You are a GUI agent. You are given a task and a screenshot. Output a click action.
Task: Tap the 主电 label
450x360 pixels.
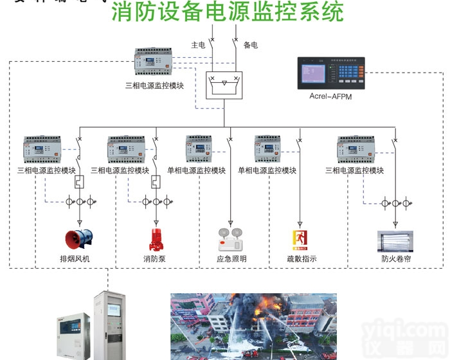(x=197, y=45)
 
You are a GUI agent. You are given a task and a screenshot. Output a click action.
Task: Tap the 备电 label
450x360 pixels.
(x=251, y=45)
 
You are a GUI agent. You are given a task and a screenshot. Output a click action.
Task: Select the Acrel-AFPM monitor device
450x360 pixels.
(x=330, y=74)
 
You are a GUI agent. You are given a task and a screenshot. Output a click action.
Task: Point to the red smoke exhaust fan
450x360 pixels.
(x=79, y=239)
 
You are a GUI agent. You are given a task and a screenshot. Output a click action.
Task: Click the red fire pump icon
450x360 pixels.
(x=155, y=239)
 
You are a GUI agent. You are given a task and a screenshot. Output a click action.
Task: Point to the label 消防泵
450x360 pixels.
(x=154, y=259)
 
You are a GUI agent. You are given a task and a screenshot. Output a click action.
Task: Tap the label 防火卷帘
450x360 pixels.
(x=394, y=259)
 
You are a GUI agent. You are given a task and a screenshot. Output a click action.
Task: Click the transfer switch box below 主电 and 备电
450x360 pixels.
(x=224, y=85)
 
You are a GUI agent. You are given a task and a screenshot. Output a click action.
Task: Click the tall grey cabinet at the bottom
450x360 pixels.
(x=108, y=325)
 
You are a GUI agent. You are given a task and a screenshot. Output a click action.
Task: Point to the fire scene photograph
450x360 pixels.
(x=253, y=327)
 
